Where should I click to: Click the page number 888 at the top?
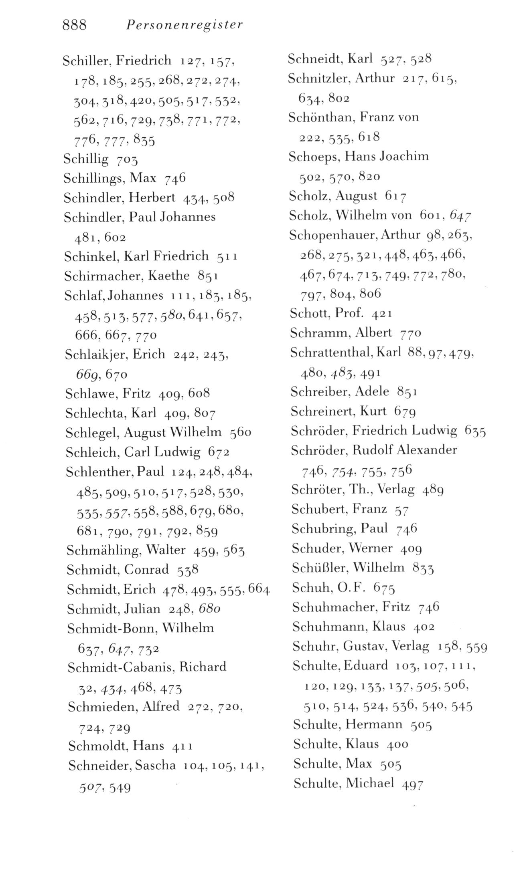pos(75,25)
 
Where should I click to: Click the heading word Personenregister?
pos(184,26)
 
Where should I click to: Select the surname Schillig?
pos(86,159)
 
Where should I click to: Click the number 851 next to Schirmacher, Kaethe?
pos(208,276)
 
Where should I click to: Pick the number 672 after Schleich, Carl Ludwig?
pos(219,453)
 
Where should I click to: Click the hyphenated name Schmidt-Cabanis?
pos(120,667)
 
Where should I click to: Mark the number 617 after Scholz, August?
pos(396,196)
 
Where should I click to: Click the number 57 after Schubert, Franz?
pos(401,510)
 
